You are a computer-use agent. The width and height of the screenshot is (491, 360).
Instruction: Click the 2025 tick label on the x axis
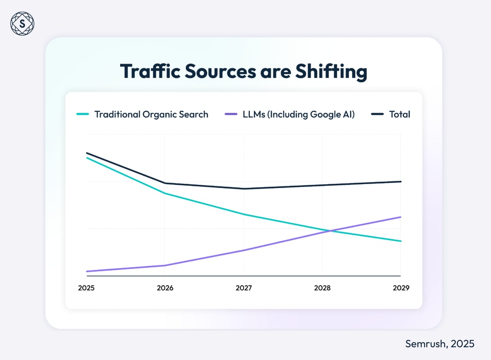click(x=86, y=288)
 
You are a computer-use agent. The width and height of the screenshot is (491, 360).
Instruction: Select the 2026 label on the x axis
click(x=165, y=288)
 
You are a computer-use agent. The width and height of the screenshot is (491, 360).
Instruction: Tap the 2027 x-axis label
click(x=244, y=288)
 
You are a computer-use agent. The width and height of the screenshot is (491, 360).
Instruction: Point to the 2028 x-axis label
click(x=322, y=288)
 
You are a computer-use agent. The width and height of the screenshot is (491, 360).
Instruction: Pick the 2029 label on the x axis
click(x=401, y=288)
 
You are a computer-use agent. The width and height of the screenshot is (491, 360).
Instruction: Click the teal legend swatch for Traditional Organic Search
click(x=82, y=114)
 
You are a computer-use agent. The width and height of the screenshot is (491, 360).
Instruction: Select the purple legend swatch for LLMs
click(x=231, y=114)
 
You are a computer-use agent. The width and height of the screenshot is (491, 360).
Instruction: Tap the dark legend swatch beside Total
click(x=377, y=114)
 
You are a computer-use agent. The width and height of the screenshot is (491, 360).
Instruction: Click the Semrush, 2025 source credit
click(x=439, y=344)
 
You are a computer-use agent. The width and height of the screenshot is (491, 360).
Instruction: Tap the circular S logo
click(x=22, y=24)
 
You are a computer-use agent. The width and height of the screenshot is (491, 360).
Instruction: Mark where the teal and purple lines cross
click(x=330, y=230)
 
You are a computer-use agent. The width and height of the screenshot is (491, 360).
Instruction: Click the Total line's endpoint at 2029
click(x=401, y=182)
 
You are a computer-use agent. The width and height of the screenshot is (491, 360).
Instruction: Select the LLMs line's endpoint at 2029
click(x=401, y=217)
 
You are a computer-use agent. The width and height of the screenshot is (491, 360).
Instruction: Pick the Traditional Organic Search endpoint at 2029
click(x=401, y=241)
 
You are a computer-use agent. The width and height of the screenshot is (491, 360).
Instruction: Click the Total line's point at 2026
click(x=165, y=183)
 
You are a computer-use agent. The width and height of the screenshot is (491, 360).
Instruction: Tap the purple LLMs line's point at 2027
click(x=244, y=250)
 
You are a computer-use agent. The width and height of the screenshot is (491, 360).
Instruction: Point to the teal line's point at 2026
click(x=165, y=193)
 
